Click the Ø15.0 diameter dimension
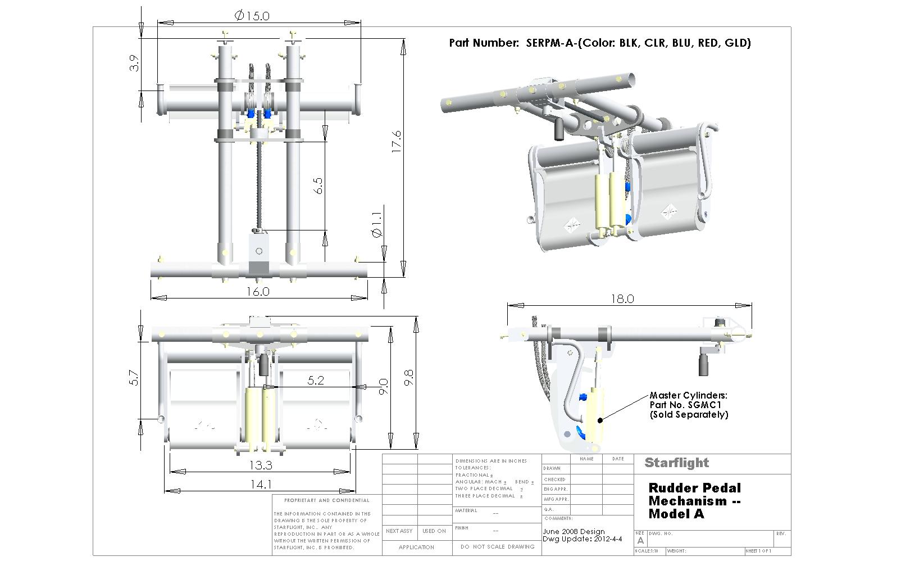pos(252,15)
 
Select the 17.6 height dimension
pos(397,142)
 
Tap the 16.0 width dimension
pos(258,291)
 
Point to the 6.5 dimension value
pos(318,186)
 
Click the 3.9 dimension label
pos(134,63)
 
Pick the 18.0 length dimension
pos(622,298)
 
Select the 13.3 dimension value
pos(261,465)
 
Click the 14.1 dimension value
pos(261,483)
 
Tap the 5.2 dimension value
pos(316,380)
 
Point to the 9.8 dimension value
pos(409,377)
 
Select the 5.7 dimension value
pos(134,377)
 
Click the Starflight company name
pos(677,463)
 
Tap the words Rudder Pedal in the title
pos(695,488)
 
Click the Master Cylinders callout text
pos(688,396)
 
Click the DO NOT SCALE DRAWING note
pos(497,546)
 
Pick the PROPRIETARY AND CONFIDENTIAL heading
pos(327,500)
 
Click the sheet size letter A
pos(640,540)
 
